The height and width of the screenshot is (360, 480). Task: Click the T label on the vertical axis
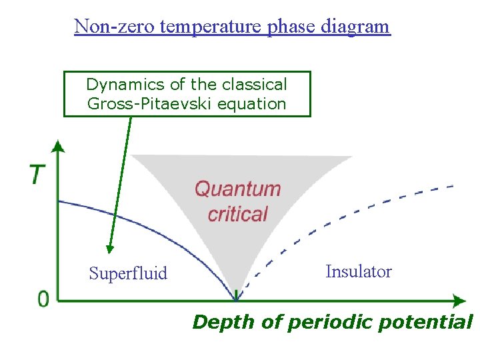pyautogui.click(x=37, y=175)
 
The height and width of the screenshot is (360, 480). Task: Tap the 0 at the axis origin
pyautogui.click(x=43, y=299)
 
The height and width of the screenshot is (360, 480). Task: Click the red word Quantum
pyautogui.click(x=237, y=189)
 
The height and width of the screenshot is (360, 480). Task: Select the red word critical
pyautogui.click(x=237, y=214)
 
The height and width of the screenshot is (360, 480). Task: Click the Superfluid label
pyautogui.click(x=128, y=273)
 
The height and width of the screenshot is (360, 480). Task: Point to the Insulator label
pyautogui.click(x=359, y=271)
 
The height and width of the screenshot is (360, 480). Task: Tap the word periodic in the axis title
pyautogui.click(x=322, y=323)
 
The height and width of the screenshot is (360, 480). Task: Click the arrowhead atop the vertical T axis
pyautogui.click(x=58, y=146)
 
